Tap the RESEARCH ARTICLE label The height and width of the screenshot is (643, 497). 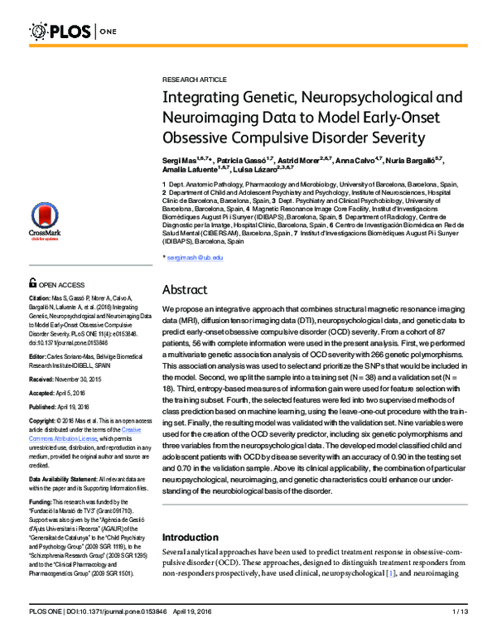[194, 79]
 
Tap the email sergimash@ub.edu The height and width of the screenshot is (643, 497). [195, 259]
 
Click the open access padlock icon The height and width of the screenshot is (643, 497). [32, 283]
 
